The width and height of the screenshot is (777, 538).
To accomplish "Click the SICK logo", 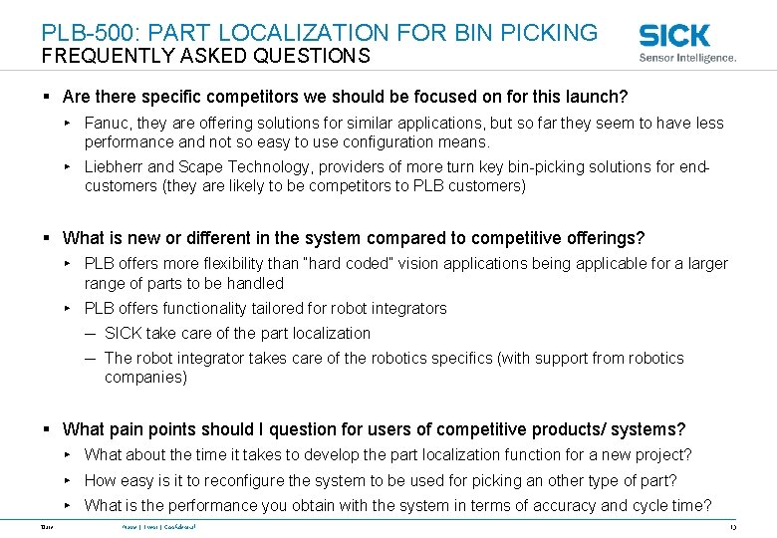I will tap(674, 35).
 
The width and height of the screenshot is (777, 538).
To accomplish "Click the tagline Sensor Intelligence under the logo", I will tap(687, 59).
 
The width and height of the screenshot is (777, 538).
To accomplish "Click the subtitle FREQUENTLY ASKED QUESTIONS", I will tap(205, 57).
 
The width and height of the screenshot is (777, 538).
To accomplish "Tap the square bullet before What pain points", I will tap(47, 430).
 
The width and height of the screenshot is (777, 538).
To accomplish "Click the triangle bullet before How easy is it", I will tap(66, 480).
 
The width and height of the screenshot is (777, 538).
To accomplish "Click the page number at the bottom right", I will tap(731, 526).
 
